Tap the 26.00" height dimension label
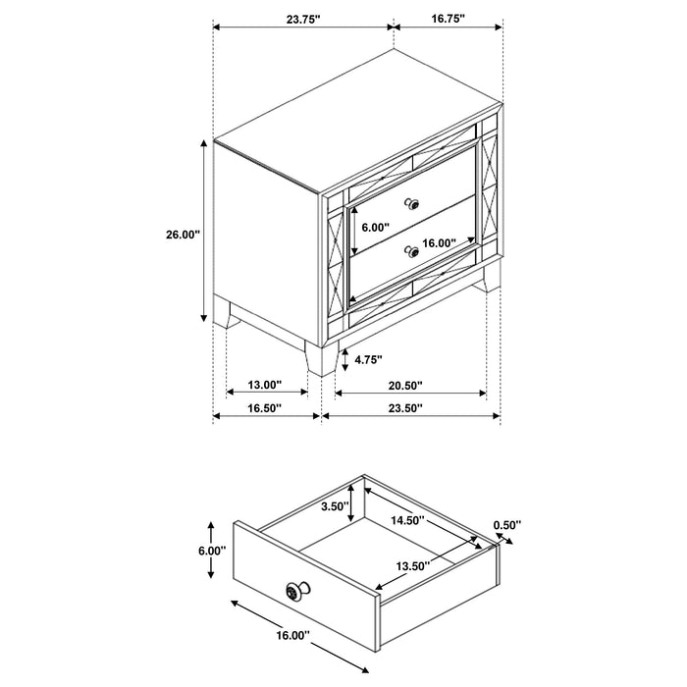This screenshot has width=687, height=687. [x=184, y=235]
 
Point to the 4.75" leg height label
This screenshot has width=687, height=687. [x=368, y=359]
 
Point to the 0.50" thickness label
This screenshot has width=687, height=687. [x=507, y=525]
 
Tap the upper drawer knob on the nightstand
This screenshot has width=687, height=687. [x=413, y=204]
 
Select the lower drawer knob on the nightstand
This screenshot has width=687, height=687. [x=413, y=252]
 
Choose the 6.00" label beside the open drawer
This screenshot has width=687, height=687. [x=211, y=552]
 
